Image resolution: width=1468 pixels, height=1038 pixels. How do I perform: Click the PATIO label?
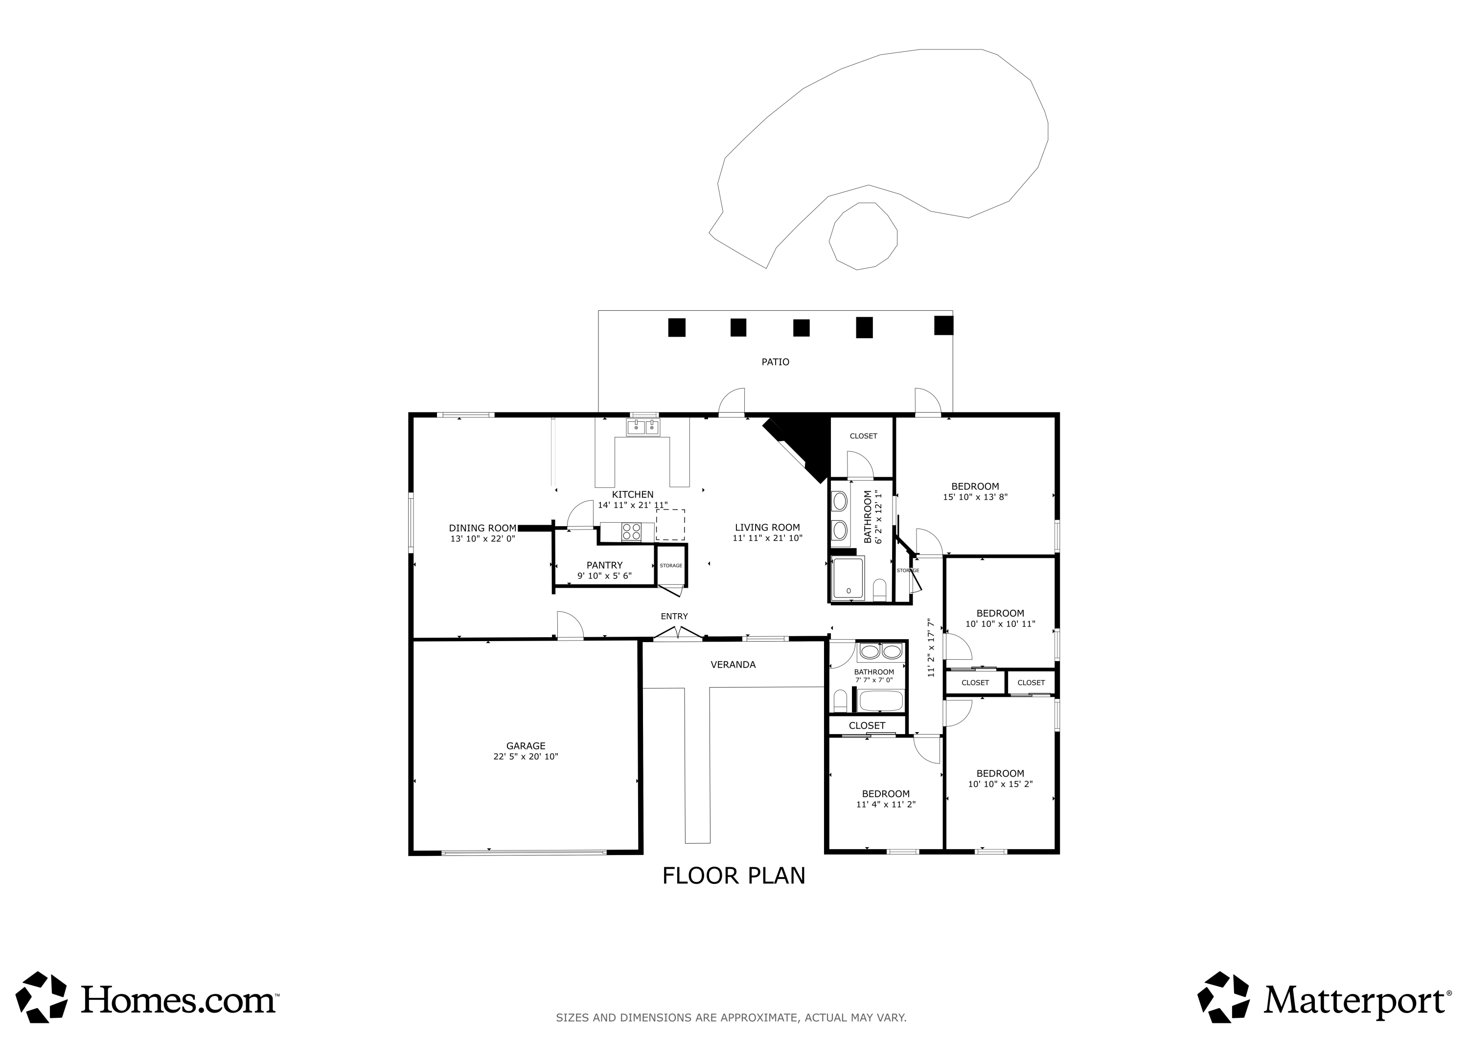(x=775, y=362)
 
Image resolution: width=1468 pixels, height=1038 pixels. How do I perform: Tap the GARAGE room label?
(x=526, y=746)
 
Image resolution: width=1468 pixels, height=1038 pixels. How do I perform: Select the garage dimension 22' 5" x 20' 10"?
(x=526, y=757)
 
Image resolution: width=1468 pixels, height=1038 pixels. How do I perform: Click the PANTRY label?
(x=604, y=565)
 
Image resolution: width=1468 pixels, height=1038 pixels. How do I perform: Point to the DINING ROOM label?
(x=482, y=528)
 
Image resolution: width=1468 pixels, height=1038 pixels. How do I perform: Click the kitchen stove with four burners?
(x=632, y=532)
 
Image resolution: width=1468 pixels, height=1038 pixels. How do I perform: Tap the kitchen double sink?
(x=642, y=427)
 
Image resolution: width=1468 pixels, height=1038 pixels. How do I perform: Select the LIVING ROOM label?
(x=767, y=528)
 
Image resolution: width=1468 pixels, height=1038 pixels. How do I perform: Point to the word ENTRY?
(x=674, y=617)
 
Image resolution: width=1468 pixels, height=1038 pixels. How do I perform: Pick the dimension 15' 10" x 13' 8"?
(x=975, y=497)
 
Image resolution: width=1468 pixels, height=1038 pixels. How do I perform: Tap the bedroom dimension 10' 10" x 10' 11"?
(x=1000, y=624)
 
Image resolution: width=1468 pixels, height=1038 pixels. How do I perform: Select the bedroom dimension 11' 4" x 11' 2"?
(x=886, y=805)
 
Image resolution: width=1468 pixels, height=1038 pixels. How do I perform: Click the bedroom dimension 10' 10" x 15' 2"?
(x=1000, y=784)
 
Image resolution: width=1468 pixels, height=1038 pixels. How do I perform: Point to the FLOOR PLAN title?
(x=734, y=876)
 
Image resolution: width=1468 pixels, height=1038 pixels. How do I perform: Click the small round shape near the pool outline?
(x=863, y=236)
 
